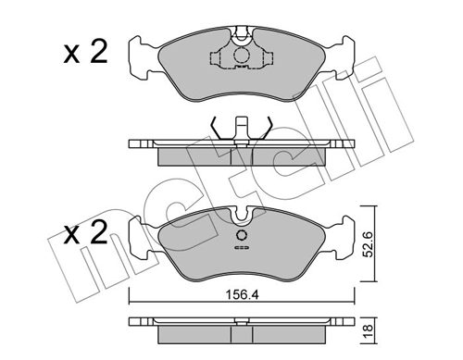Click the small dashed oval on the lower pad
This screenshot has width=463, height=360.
tap(242, 248)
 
